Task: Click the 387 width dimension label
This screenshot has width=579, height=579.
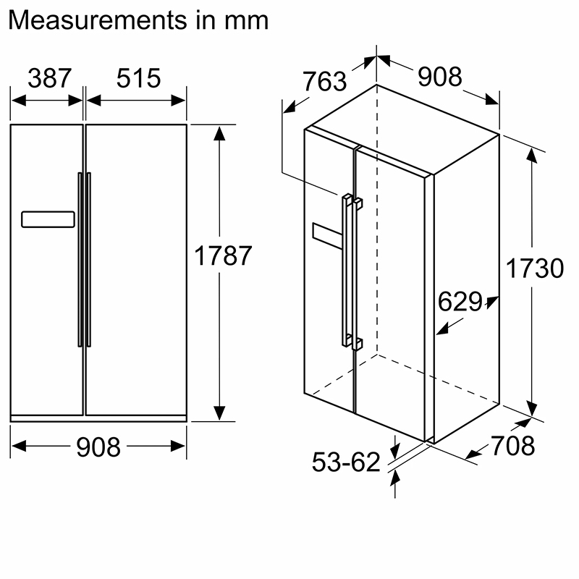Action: [x=50, y=78]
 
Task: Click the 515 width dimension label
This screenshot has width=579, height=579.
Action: [x=138, y=78]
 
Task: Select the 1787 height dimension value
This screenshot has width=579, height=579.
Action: [x=223, y=256]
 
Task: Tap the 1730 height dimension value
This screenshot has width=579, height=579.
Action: [x=534, y=269]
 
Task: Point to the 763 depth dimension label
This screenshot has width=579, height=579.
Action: [x=324, y=82]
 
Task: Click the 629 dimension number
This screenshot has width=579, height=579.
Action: [x=459, y=302]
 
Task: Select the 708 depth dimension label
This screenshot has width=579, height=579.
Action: [x=512, y=446]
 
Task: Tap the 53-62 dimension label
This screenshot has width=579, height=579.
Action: [x=346, y=462]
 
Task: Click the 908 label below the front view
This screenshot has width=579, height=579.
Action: [x=98, y=447]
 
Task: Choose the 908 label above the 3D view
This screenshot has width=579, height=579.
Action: [x=439, y=76]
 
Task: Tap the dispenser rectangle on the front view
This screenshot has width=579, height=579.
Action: [x=48, y=219]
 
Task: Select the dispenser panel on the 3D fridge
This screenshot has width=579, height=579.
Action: [x=326, y=234]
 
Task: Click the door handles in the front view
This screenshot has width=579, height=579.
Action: [x=85, y=258]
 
